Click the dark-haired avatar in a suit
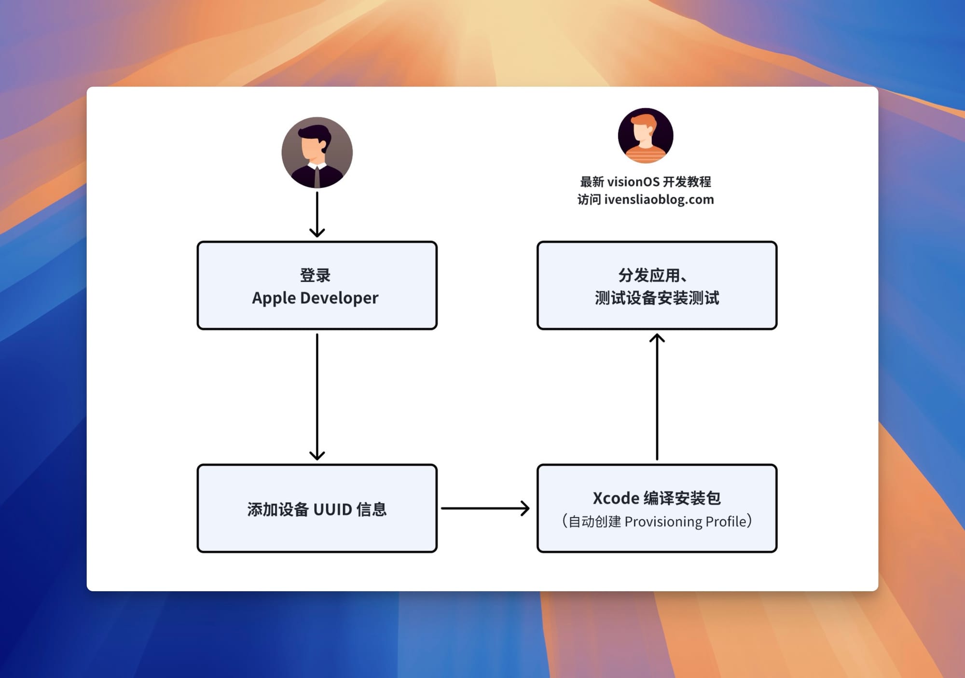pos(317,152)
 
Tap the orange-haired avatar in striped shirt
pos(645,136)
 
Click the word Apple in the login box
pos(274,298)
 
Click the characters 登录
pos(315,276)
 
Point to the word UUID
pos(333,510)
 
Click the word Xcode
pos(616,498)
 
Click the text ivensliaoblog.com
pos(659,200)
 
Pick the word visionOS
pos(633,182)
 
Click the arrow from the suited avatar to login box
pos(317,214)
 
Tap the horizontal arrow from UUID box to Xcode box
pos(485,508)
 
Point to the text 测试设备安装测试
pos(657,298)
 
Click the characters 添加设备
pos(278,510)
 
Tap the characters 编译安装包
pos(682,498)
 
